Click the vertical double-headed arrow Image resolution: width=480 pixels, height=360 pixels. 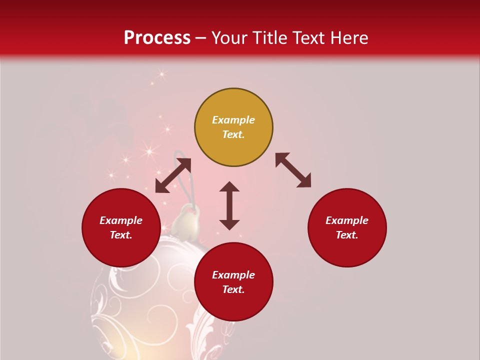pos(229,205)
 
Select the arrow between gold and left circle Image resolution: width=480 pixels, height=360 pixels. pos(173,175)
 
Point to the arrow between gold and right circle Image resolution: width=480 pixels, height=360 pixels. pos(293,170)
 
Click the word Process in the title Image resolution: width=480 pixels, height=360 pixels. pos(157,37)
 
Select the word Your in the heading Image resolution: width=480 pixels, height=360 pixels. pos(230,37)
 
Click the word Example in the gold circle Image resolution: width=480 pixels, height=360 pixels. pos(233,120)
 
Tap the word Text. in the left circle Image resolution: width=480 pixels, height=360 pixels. pos(121,235)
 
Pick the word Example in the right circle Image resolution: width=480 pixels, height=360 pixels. pos(347,220)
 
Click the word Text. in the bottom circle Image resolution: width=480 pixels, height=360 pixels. pos(233,289)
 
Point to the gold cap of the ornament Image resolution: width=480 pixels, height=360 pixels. pos(188,225)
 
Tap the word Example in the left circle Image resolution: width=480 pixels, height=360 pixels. pos(121,220)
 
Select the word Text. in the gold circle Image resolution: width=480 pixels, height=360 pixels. pos(233,134)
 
